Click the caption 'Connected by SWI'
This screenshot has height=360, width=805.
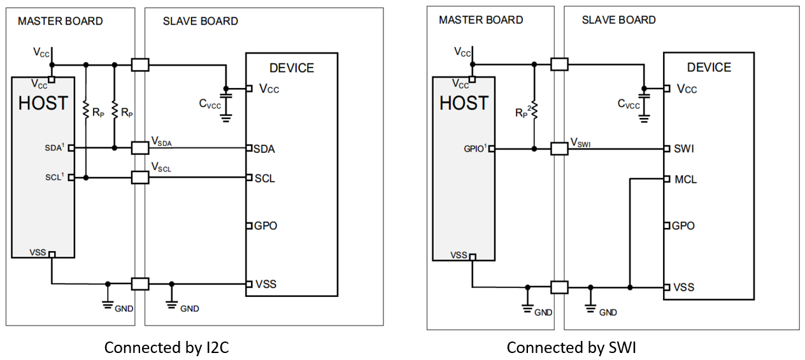[x=571, y=347]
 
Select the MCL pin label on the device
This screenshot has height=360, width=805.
[x=685, y=179]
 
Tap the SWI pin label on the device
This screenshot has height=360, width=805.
[x=684, y=148]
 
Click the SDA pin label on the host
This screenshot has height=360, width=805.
[x=56, y=148]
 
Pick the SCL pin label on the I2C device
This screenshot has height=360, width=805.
[x=264, y=178]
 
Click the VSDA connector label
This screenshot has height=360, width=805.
[x=162, y=141]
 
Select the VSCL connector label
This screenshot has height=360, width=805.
[x=162, y=167]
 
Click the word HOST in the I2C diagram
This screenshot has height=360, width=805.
[x=43, y=103]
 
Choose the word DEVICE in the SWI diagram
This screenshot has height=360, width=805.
[x=709, y=68]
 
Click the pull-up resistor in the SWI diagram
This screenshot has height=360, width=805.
[x=535, y=112]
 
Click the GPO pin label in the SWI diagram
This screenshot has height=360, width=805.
[x=683, y=226]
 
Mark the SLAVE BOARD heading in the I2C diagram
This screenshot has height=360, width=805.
[x=200, y=21]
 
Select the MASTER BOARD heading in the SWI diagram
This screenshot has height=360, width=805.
[x=481, y=20]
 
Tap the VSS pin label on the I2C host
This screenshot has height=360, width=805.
[x=38, y=253]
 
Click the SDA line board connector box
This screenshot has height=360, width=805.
[x=140, y=148]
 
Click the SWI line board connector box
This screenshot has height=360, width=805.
[x=559, y=148]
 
